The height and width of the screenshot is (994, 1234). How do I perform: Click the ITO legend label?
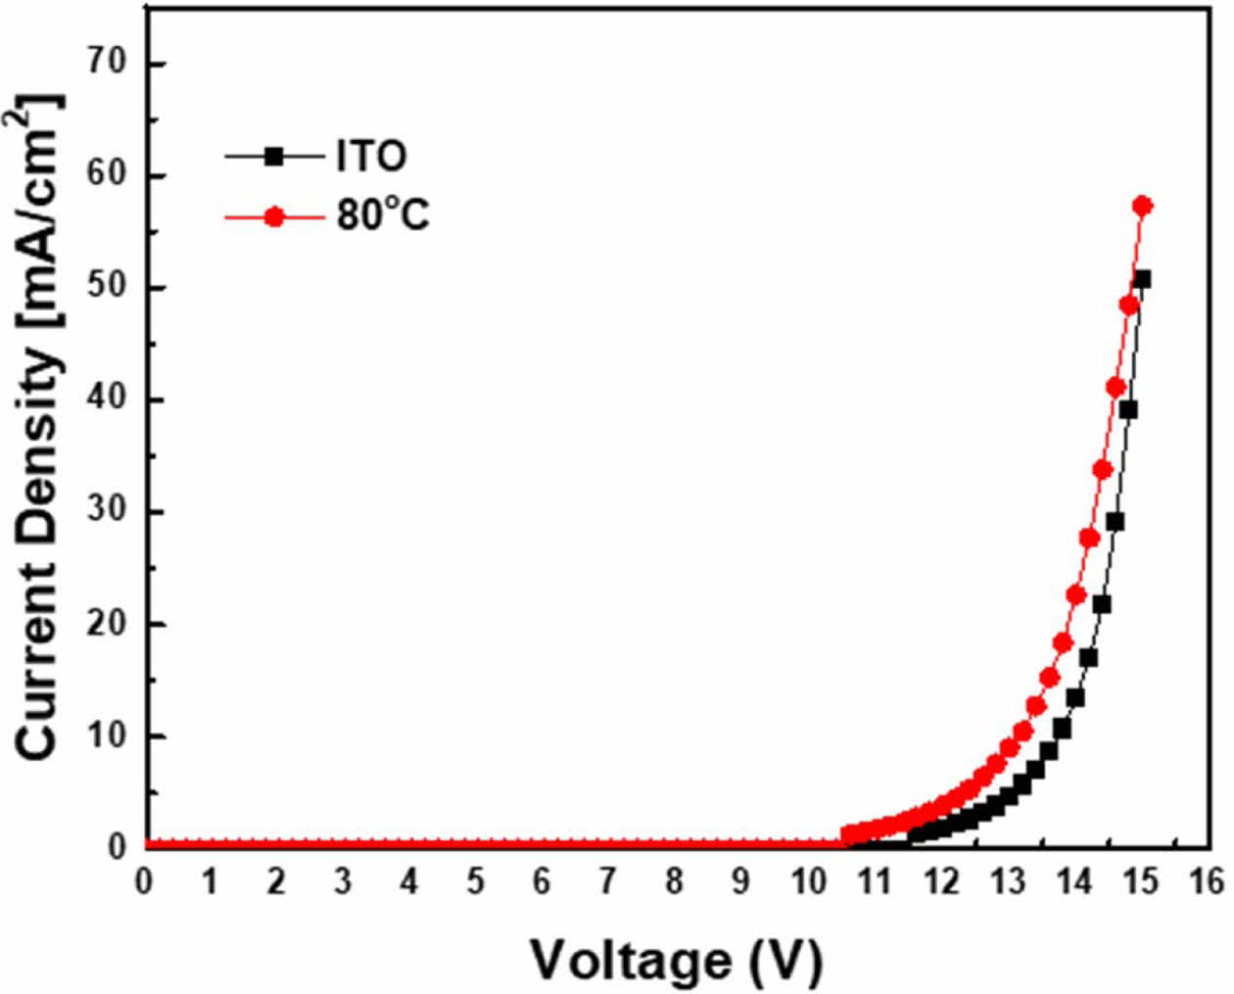pos(371,156)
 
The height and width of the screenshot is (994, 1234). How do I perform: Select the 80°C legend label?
pos(383,215)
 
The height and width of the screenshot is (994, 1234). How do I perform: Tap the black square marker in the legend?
pos(274,156)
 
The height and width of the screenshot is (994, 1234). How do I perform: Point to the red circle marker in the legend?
pos(274,216)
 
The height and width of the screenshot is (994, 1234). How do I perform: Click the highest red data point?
pos(1142,206)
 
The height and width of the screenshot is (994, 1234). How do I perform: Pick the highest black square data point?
pos(1141,279)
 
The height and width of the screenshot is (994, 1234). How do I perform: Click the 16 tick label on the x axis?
pos(1208,881)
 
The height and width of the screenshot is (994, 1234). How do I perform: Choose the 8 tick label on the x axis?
pos(675,881)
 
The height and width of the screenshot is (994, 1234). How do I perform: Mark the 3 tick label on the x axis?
pos(343,881)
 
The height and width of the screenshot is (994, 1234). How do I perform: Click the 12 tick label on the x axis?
pos(941,881)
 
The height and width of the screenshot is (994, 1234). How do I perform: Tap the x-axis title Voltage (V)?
pos(676,961)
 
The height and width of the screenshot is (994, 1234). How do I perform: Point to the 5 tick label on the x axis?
pos(475,881)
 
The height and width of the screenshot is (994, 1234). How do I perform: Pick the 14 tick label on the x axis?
pos(1074,881)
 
